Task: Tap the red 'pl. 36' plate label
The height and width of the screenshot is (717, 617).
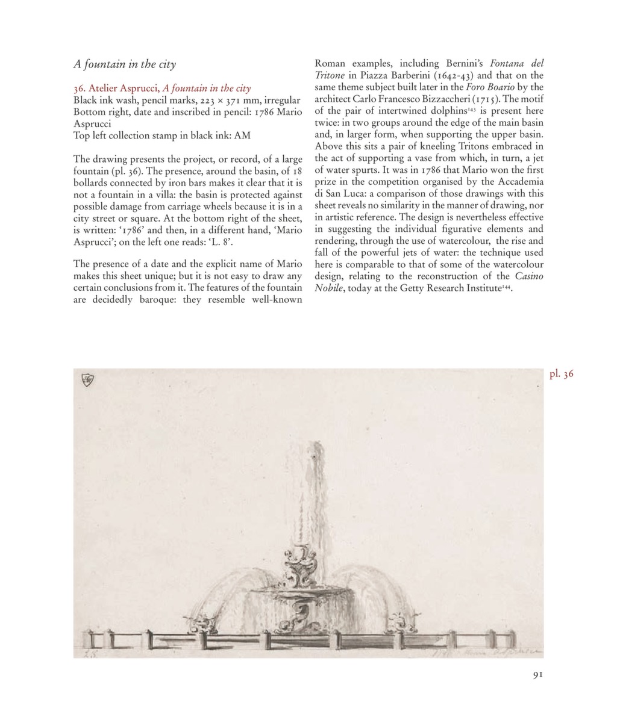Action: pos(561,374)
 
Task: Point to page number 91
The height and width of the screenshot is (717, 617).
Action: pos(538,675)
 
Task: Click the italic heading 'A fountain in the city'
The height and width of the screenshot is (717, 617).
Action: pos(124,63)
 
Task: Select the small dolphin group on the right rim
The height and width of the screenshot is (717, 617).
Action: pos(399,618)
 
